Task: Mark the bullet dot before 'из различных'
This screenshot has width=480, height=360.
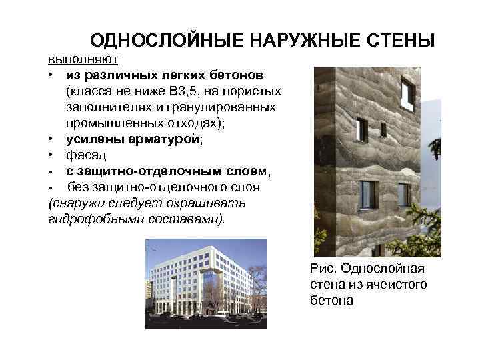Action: click(52, 75)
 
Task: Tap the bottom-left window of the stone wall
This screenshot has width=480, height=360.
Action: click(369, 194)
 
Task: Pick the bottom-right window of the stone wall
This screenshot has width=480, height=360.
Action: click(404, 194)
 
